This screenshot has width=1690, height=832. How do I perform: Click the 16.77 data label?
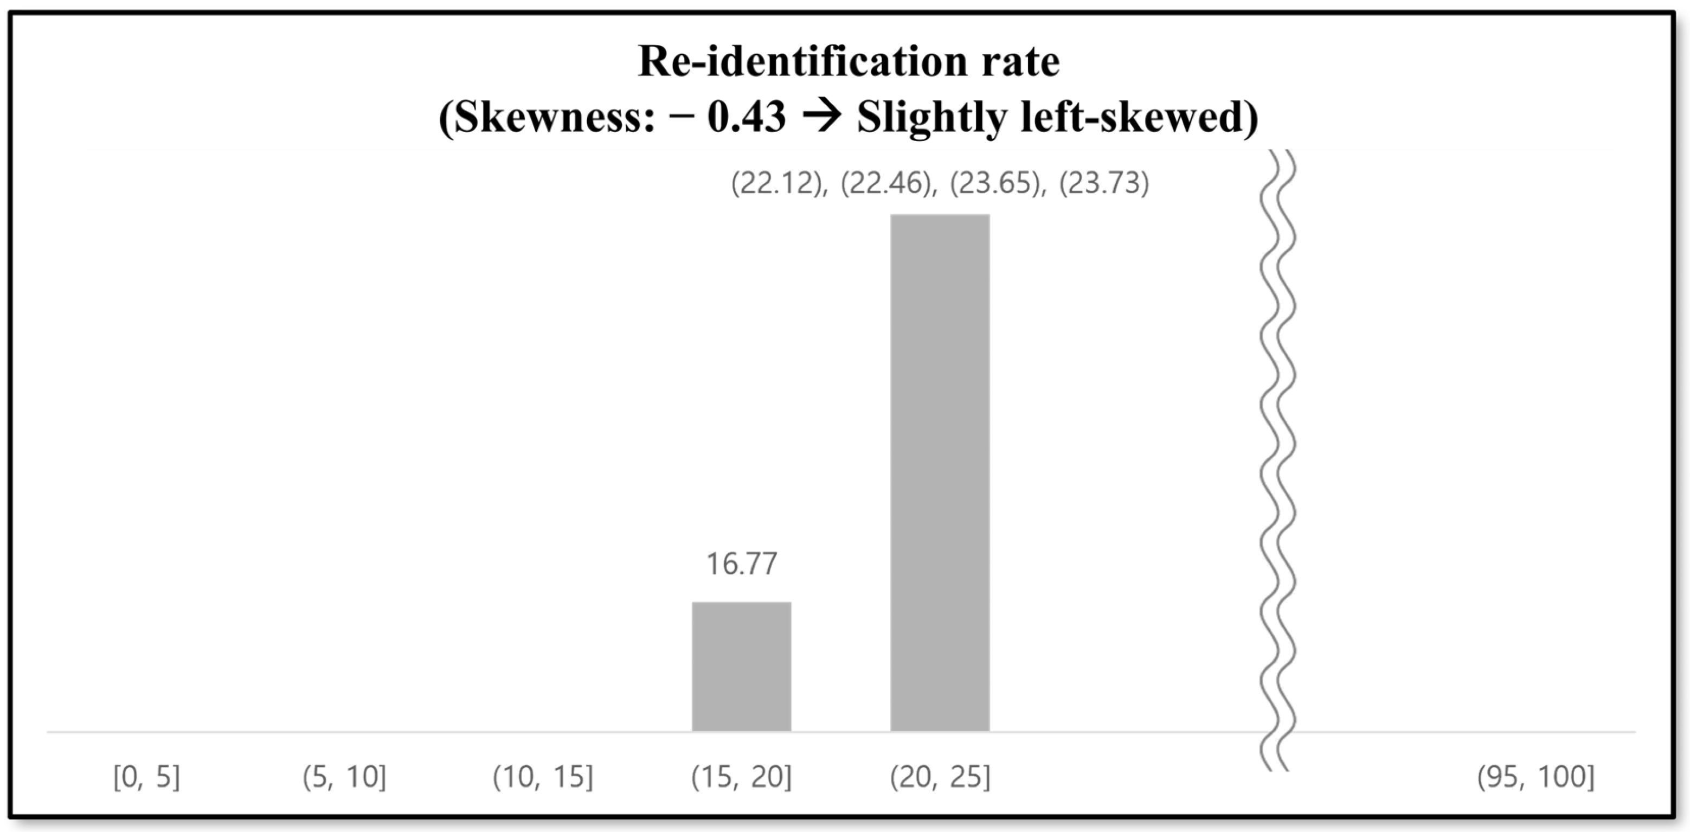pos(741,564)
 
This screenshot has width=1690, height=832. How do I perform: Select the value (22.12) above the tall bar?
pos(777,183)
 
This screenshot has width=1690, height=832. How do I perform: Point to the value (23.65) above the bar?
pos(996,183)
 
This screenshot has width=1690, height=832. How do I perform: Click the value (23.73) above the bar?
pos(1104,183)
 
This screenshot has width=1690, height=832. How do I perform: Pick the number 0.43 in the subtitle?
pos(747,118)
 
